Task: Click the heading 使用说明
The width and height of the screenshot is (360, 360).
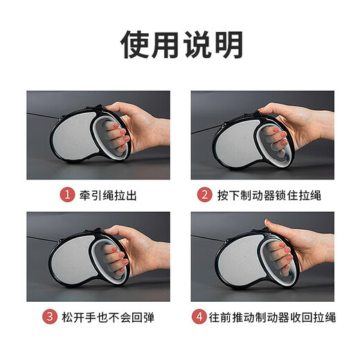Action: pyautogui.click(x=182, y=45)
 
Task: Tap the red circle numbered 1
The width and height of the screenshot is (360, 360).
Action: pyautogui.click(x=66, y=195)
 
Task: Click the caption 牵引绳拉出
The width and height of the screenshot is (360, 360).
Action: pyautogui.click(x=107, y=195)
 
